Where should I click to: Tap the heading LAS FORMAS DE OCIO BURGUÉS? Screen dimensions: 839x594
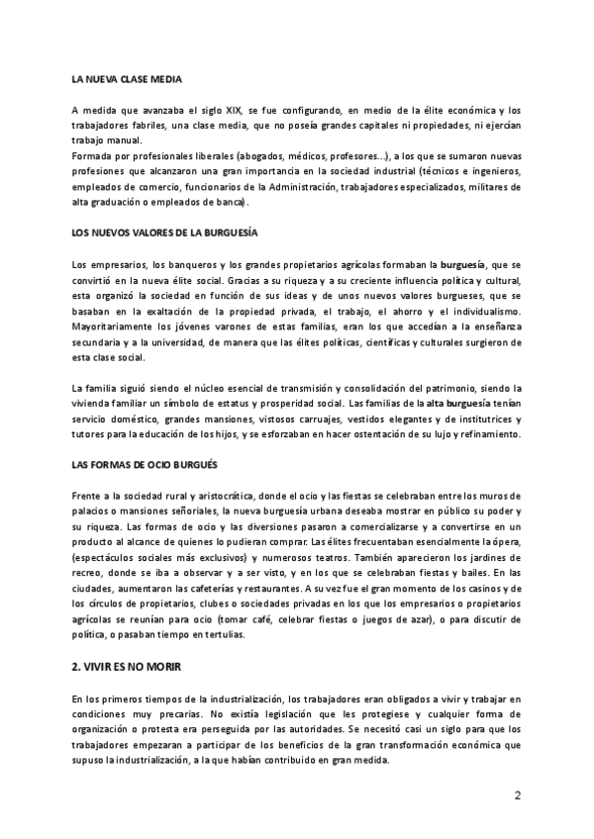coord(145,464)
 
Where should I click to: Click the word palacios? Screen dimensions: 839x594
coord(94,510)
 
